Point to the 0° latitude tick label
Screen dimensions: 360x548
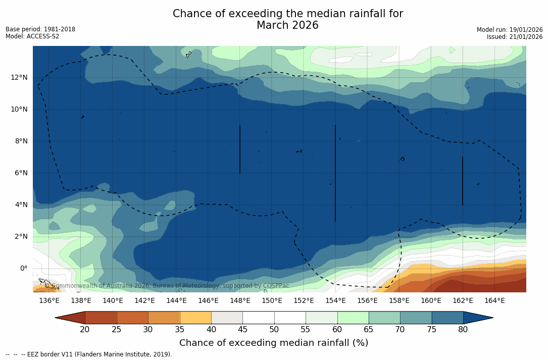pos(23,268)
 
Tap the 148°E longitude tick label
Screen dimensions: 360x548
pos(240,300)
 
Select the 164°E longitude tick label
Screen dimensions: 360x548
pos(494,300)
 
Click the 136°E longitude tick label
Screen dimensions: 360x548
pos(49,300)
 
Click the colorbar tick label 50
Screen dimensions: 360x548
pos(274,330)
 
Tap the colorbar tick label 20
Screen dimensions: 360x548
pos(85,330)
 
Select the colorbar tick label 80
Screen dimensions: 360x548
pos(463,330)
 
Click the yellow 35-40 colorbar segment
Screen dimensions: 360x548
pos(195,318)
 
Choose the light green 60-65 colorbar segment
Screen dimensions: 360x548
pos(353,318)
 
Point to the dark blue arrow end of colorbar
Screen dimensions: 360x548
pos(477,318)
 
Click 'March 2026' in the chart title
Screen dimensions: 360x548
pos(287,25)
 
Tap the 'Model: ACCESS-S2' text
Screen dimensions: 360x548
pos(32,36)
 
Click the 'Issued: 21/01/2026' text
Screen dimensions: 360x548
pos(515,37)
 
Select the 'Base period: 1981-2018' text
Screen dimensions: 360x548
pos(40,29)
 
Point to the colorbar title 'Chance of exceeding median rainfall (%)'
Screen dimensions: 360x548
pos(274,343)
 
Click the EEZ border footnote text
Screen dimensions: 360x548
pos(89,354)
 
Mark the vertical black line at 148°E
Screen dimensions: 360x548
pos(240,149)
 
